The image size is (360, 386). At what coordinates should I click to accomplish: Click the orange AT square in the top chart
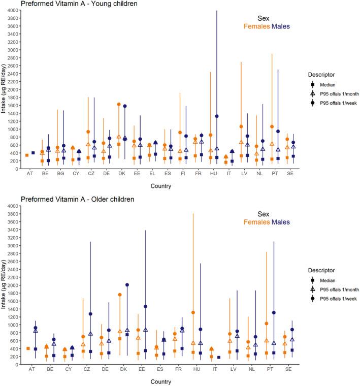[x=27, y=155]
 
